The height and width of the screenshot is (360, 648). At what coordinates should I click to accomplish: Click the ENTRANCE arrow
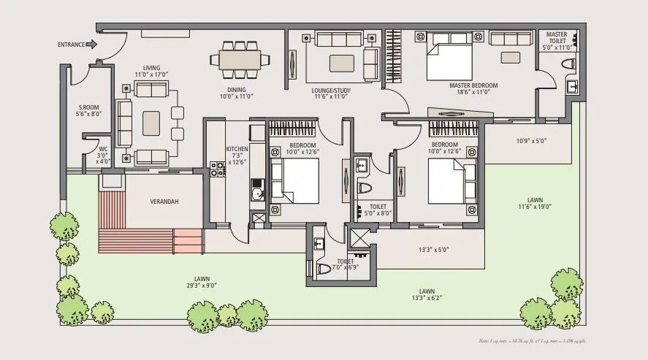point(91,45)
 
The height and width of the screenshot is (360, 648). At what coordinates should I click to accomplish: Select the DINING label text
point(236,91)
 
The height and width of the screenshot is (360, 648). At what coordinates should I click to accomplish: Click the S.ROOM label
point(88,110)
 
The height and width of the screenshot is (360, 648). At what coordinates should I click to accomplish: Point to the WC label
point(103,152)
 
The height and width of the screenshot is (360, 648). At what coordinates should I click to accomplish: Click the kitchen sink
point(256,194)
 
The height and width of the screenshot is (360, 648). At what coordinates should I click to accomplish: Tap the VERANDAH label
point(164,202)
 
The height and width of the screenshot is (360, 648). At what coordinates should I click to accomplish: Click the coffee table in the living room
point(153,120)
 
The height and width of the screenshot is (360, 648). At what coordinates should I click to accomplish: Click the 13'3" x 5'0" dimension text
point(433,250)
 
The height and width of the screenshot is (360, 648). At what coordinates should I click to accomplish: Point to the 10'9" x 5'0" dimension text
point(531,141)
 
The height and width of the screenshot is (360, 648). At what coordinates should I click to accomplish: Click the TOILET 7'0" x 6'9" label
point(345,264)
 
